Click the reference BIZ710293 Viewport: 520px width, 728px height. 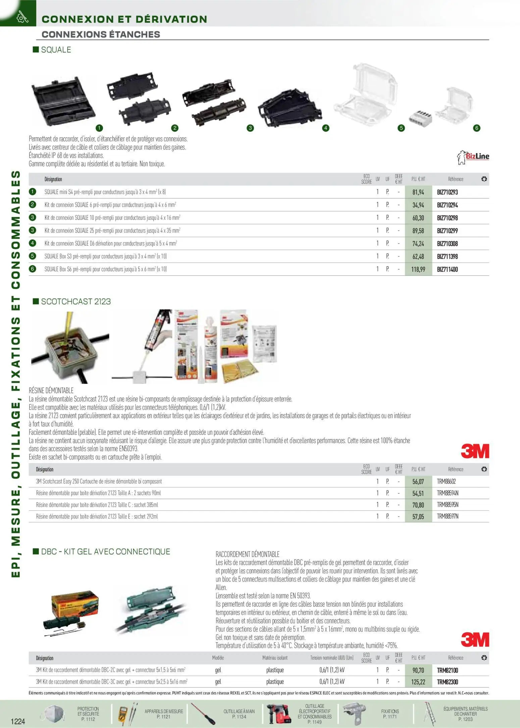click(447, 192)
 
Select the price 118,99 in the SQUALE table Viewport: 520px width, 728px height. click(418, 270)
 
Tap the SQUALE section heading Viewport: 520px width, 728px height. click(56, 50)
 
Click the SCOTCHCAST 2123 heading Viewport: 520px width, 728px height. click(76, 301)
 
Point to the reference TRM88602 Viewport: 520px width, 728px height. click(446, 482)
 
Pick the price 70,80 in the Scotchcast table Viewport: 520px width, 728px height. click(418, 505)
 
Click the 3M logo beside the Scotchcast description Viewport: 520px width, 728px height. click(475, 451)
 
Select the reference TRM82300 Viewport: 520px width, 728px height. click(447, 682)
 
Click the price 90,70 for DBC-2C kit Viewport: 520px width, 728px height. click(418, 670)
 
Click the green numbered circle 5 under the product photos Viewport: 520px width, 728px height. click(401, 128)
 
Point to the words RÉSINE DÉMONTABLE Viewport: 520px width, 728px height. click(51, 391)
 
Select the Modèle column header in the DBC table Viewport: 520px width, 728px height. click(218, 658)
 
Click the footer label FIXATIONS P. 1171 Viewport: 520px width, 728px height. click(390, 714)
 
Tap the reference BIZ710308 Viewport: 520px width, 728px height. click(447, 244)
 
